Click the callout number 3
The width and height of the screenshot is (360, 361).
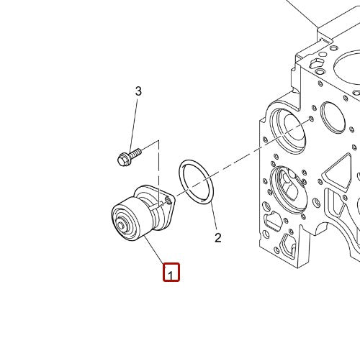pyautogui.click(x=139, y=91)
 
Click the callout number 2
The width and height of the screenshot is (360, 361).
pyautogui.click(x=217, y=237)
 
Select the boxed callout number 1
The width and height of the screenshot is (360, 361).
pyautogui.click(x=171, y=274)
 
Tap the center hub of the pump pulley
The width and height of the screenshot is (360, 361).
pyautogui.click(x=120, y=229)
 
